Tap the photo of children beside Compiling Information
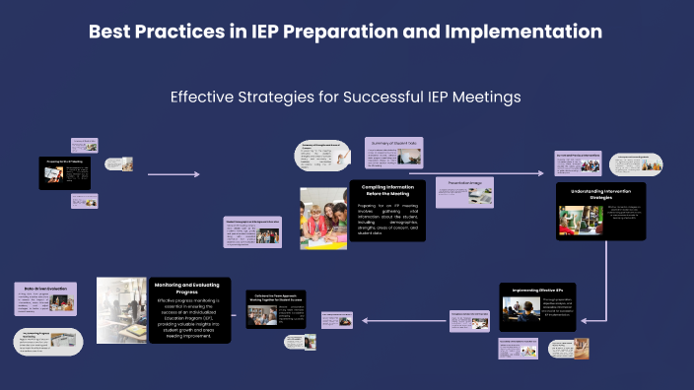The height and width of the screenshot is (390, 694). pyautogui.click(x=323, y=218)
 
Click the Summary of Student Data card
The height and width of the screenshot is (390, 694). pyautogui.click(x=393, y=152)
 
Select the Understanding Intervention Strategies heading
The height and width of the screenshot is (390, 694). pyautogui.click(x=600, y=193)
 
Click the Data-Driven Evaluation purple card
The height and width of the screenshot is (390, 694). pyautogui.click(x=43, y=298)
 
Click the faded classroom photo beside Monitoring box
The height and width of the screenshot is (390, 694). pyautogui.click(x=121, y=309)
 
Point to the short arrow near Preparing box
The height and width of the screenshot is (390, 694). pyautogui.click(x=173, y=174)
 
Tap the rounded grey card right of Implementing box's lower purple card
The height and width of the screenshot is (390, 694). pyautogui.click(x=568, y=349)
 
